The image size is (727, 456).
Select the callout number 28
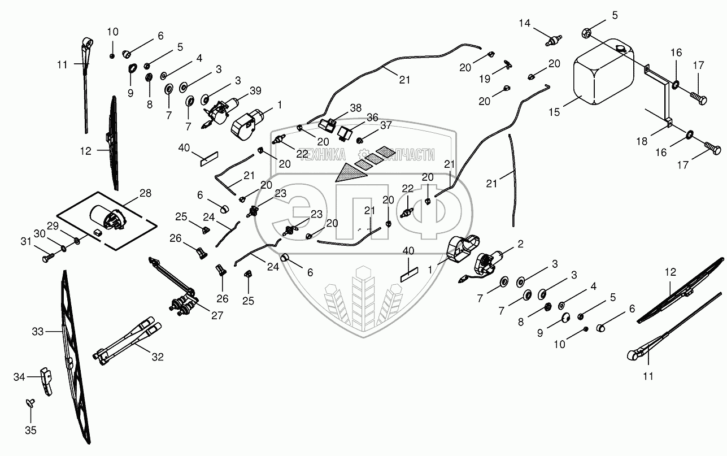tap(146, 194)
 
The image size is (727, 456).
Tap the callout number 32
tap(158, 357)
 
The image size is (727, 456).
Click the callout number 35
tap(31, 430)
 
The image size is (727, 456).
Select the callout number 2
tap(521, 244)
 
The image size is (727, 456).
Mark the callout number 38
tap(355, 107)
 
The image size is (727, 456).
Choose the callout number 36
tap(372, 117)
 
